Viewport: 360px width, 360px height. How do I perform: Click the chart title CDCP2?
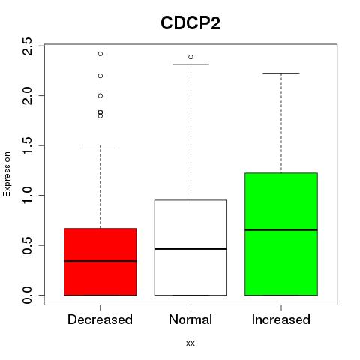[190, 23]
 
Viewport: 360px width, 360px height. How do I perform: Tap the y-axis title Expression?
[7, 174]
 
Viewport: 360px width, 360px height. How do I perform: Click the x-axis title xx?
[190, 343]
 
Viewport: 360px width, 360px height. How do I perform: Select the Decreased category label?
[100, 319]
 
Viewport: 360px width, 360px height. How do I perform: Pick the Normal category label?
[190, 319]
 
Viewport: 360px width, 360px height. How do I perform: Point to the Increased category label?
[281, 319]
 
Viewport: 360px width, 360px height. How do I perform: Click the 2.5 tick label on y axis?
[27, 46]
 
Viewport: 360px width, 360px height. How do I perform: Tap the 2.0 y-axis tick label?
[27, 96]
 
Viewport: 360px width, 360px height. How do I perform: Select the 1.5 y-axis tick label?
[27, 145]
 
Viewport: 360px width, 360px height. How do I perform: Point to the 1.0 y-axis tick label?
[27, 195]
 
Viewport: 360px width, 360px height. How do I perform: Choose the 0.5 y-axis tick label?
[27, 245]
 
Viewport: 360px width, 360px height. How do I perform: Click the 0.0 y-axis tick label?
[27, 295]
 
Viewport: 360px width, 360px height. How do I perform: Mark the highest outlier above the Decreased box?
[100, 54]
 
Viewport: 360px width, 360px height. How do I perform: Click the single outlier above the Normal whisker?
[190, 57]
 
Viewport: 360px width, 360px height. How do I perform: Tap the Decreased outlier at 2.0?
[100, 96]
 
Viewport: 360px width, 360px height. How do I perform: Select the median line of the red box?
[100, 261]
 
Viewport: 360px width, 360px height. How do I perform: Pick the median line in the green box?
[281, 229]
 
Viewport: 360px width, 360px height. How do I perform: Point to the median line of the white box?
[190, 249]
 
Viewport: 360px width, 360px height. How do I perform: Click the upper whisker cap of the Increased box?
[281, 73]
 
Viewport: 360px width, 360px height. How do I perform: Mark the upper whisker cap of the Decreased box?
[100, 145]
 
